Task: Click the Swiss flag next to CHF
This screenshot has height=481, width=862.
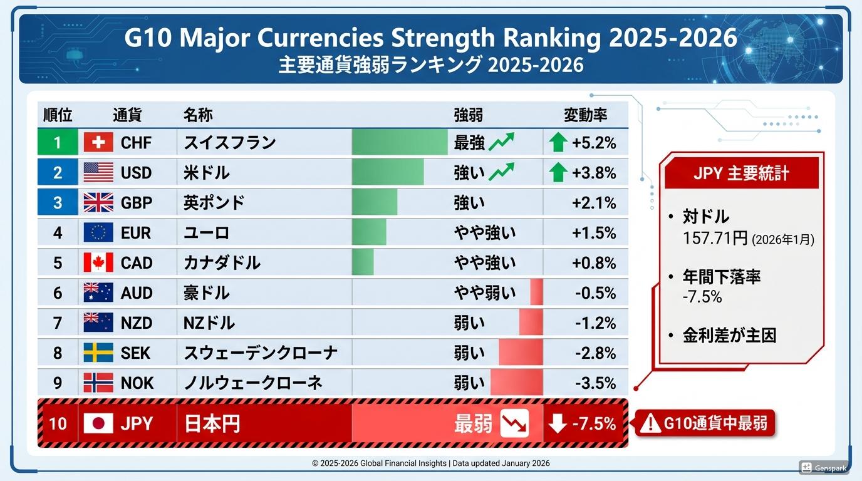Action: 98,143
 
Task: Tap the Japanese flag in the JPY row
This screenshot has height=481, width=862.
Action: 98,423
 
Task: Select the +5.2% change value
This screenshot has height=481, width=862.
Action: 594,143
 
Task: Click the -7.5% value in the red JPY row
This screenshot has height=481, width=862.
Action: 594,423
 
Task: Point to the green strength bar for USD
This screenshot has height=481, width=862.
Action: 388,172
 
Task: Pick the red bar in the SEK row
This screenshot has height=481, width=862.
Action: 521,353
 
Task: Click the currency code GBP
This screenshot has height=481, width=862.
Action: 136,203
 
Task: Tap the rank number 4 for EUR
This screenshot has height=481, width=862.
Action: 58,233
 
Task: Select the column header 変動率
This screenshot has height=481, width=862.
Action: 586,115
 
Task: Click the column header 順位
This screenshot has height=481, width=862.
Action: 58,115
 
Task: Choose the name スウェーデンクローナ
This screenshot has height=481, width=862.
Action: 261,353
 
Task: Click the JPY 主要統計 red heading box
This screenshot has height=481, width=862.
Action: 741,173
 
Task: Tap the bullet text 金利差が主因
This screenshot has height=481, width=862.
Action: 729,335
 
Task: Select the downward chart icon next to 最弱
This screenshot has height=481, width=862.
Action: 514,423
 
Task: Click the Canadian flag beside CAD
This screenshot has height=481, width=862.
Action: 98,262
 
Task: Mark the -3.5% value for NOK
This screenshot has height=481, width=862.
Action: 595,383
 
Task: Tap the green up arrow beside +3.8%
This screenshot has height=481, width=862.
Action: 558,172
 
